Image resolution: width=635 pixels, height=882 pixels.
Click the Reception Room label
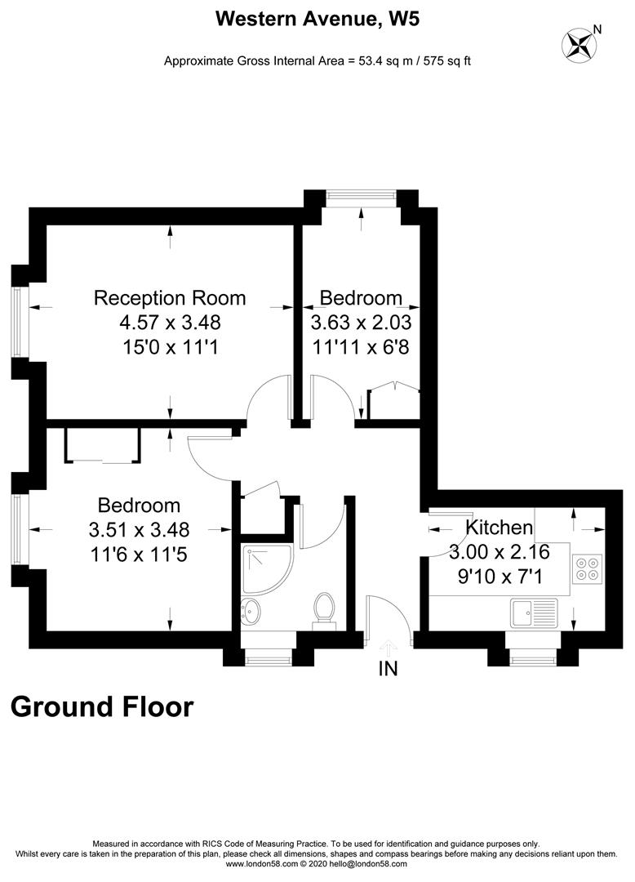pos(170,297)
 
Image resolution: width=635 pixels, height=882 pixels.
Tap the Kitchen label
pos(499,528)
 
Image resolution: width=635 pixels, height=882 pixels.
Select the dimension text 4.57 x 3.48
pos(170,323)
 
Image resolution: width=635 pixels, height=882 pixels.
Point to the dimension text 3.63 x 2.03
pos(361,323)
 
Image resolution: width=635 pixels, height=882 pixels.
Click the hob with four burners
pos(588,568)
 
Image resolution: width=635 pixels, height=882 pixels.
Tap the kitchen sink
pos(532,610)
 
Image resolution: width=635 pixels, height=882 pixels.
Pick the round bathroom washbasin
pos(252,609)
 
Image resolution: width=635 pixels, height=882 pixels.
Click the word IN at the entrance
pos(388,670)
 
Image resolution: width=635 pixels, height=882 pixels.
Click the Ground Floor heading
pos(102,706)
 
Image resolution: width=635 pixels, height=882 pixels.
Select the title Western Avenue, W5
pos(317,19)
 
